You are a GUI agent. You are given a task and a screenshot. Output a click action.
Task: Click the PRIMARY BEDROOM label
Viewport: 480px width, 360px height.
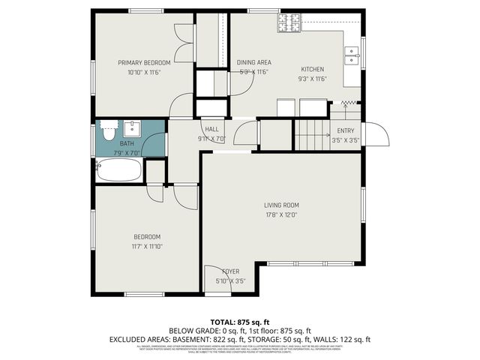coord(144,62)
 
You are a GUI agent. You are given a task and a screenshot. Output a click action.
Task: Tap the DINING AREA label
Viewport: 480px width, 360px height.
coord(253,62)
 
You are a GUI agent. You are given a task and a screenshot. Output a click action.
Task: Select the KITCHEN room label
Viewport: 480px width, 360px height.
coord(312,68)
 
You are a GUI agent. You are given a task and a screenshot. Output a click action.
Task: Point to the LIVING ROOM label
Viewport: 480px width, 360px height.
coord(281,205)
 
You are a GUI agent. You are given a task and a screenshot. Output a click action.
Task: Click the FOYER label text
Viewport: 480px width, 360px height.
coord(230,271)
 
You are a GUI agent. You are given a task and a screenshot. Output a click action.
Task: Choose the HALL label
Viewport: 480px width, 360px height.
coord(212,129)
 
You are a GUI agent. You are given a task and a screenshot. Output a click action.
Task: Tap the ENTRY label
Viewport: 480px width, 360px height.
coord(345,130)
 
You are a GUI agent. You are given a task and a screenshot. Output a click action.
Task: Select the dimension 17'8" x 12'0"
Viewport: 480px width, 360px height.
coord(281,214)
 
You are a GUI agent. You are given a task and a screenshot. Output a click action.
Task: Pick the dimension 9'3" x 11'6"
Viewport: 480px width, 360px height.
coord(312,79)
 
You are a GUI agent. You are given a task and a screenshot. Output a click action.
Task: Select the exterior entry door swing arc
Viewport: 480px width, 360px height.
coord(380,135)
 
